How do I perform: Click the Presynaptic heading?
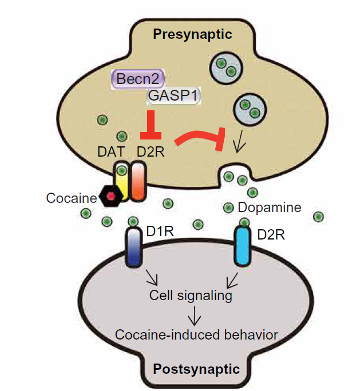pos(192,35)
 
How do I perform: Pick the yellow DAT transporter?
pos(122,181)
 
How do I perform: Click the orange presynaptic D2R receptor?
pos(137,181)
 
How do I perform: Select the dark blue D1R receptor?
pos(133,248)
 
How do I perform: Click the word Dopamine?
pos(270,208)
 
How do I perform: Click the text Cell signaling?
pos(191,296)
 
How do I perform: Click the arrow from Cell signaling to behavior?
pos(195,314)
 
